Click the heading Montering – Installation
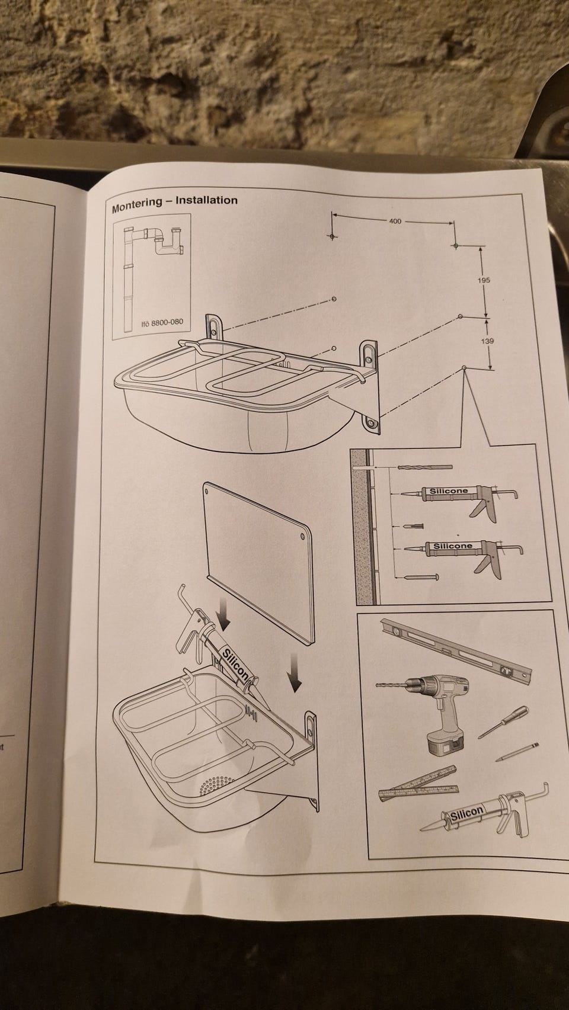click(175, 203)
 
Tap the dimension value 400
click(395, 221)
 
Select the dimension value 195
click(483, 280)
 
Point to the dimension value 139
click(487, 341)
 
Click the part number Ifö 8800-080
click(162, 322)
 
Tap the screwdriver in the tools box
click(503, 722)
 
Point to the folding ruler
click(418, 785)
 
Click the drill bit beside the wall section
click(425, 467)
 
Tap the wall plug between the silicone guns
click(415, 526)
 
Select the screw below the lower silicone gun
click(421, 577)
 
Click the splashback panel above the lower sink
click(258, 563)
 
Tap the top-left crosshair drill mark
click(332, 236)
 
